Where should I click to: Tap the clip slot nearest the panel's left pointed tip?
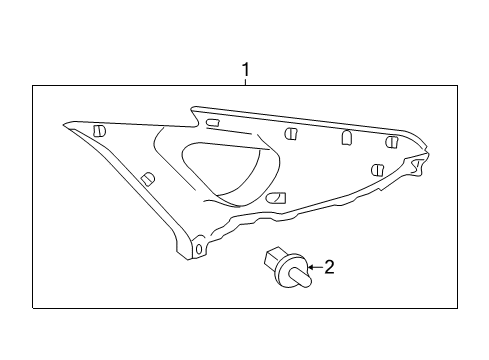99,131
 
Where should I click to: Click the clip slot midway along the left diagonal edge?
148,178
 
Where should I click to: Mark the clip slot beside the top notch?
212,123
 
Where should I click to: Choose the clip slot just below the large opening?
278,198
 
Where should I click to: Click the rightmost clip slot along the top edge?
392,142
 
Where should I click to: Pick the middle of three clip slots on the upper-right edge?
346,137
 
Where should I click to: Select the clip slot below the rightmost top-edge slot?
378,169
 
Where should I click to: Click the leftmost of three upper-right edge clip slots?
290,134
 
